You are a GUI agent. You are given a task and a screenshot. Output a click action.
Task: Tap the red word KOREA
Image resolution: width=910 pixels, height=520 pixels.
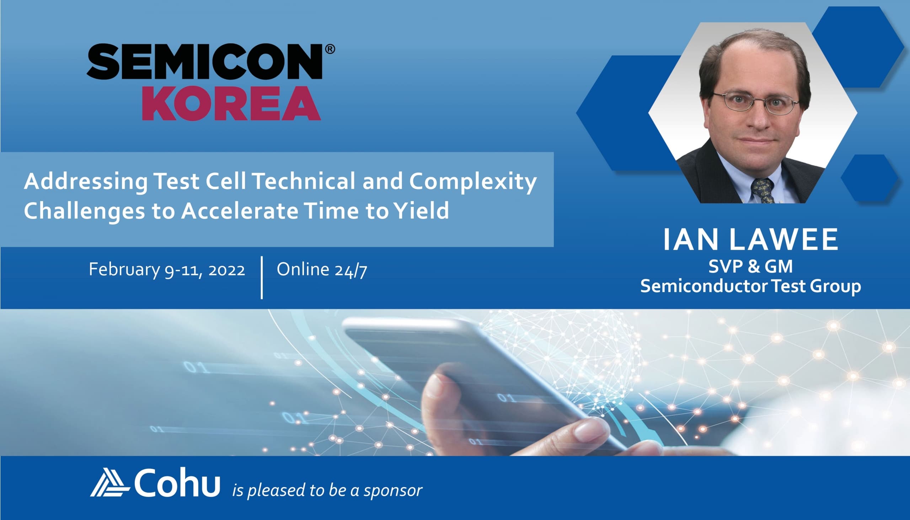[231, 103]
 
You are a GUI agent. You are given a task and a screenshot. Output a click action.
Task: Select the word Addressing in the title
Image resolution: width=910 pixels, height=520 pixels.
[86, 182]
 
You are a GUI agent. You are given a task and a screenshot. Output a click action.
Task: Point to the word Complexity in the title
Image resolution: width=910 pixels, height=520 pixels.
[473, 182]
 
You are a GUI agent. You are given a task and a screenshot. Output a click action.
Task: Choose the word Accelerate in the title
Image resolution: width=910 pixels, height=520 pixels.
[240, 211]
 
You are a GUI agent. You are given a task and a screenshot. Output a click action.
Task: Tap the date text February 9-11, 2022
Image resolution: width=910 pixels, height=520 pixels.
[167, 270]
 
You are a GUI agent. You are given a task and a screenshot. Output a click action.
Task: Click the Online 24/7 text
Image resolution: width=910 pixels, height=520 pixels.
[322, 270]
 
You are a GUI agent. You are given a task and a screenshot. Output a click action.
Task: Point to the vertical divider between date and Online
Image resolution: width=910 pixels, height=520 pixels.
[262, 278]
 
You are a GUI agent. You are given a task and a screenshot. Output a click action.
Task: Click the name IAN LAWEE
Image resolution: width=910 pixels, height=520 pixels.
[750, 240]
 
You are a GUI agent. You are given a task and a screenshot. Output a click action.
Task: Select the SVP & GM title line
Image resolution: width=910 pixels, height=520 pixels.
[750, 267]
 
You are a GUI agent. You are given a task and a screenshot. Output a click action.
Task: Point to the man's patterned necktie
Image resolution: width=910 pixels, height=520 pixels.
[763, 191]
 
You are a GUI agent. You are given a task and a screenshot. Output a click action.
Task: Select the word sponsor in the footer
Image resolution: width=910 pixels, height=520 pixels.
[393, 491]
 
